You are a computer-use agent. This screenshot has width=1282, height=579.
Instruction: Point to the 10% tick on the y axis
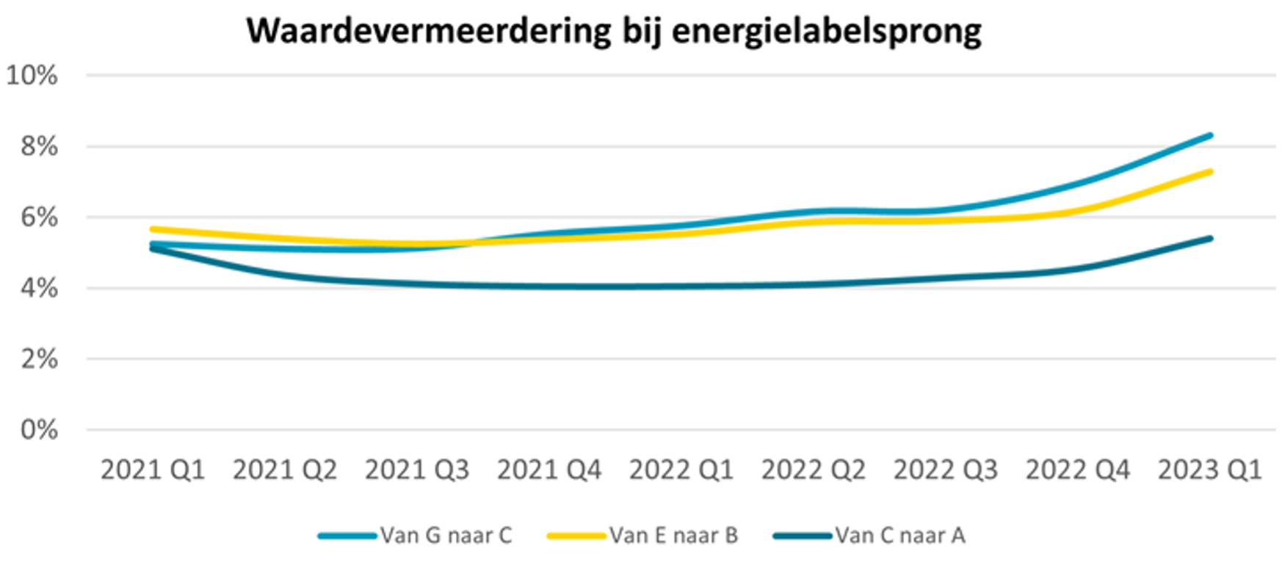[x=32, y=75]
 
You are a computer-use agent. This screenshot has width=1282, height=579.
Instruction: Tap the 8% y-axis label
[x=39, y=146]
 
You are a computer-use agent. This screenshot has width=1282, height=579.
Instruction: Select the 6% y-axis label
[x=39, y=217]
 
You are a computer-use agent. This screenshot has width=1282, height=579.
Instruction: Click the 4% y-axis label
[x=39, y=288]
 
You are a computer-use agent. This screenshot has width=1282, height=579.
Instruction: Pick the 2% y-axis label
[x=39, y=359]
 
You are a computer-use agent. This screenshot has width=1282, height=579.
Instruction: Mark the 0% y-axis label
[x=39, y=430]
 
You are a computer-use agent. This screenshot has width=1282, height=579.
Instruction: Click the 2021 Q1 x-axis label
[x=153, y=470]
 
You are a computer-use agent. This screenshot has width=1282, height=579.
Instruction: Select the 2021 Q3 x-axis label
[x=417, y=470]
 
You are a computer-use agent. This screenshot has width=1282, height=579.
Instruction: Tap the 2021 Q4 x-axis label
[x=549, y=470]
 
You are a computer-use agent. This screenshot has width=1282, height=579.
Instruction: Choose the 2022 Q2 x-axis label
[x=814, y=470]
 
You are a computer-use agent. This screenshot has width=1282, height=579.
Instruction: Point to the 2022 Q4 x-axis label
[x=1078, y=470]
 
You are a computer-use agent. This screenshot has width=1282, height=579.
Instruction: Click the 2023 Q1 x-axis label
[x=1209, y=470]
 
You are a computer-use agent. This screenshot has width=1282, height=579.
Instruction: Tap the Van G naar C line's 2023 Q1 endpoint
[x=1210, y=135]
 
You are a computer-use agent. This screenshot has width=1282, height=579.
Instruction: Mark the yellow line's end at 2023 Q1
[x=1210, y=171]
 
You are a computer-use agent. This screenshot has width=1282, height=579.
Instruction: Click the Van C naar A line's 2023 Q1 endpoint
[x=1210, y=238]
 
